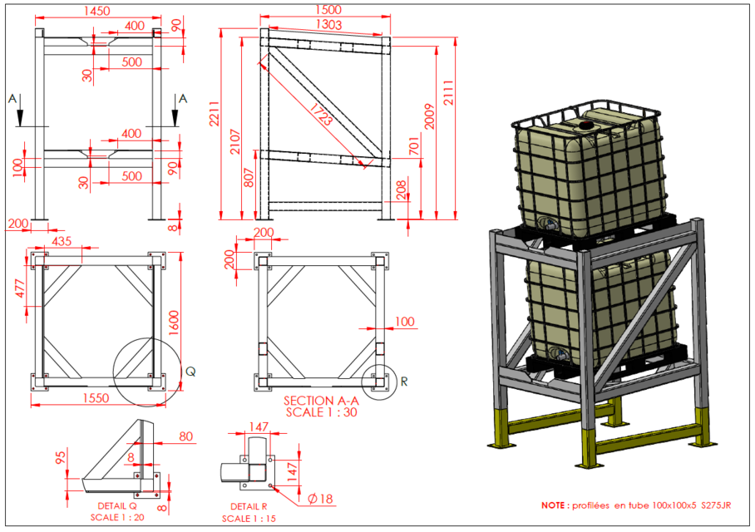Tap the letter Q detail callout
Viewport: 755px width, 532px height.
tap(190, 371)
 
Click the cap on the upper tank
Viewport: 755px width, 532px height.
tap(586, 126)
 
